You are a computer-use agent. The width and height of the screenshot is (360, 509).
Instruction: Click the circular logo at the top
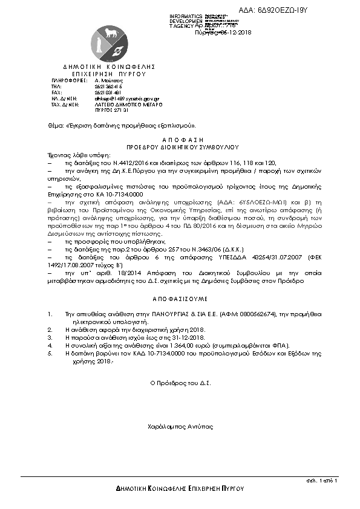coord(109,40)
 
